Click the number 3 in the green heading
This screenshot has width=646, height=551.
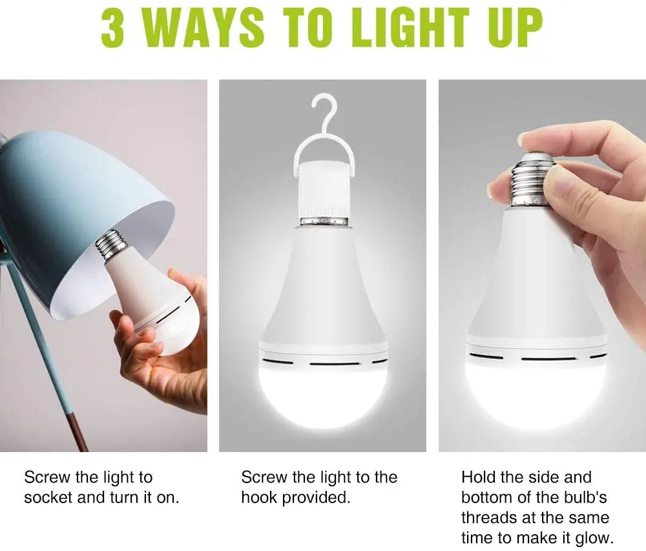(x=112, y=27)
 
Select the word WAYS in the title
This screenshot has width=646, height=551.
(x=203, y=27)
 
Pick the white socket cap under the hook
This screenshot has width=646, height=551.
(x=324, y=193)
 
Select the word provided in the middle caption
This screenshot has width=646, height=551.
(x=316, y=498)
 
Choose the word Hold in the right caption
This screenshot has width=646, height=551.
(x=476, y=477)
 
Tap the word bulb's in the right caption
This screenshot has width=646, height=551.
(x=586, y=497)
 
